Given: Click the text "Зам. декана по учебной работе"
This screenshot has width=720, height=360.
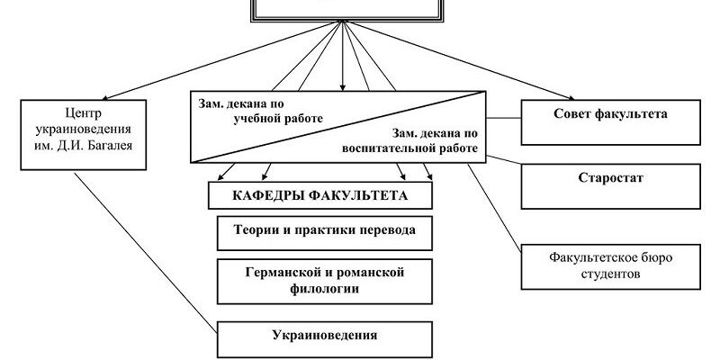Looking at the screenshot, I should click(x=261, y=110).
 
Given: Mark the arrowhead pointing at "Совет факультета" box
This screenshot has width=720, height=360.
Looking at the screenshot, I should click(x=570, y=97).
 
